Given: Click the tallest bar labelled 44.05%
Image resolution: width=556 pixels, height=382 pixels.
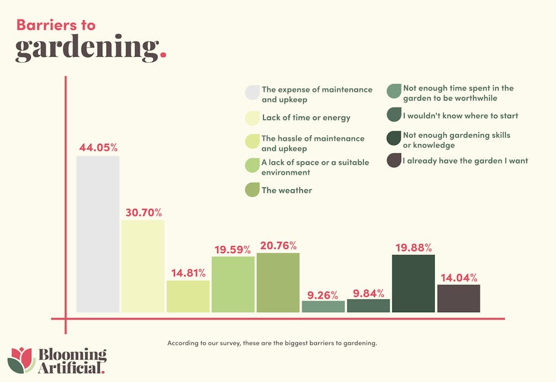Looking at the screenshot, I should (98, 234).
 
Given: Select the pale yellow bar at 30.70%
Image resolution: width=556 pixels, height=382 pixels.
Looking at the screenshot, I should (143, 266).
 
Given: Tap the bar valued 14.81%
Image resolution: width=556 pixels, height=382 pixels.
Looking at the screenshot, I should (188, 296).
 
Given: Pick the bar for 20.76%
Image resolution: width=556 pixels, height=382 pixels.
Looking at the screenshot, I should (278, 283).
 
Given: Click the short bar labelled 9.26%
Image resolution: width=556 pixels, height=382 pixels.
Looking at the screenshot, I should (323, 306).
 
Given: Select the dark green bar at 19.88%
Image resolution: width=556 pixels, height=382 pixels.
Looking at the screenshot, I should (413, 283).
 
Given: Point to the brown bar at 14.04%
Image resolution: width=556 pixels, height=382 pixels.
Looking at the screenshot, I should (458, 298).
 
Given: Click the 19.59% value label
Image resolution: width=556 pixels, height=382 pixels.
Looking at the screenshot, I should (232, 250).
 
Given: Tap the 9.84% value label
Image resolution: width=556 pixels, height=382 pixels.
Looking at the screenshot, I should (368, 293).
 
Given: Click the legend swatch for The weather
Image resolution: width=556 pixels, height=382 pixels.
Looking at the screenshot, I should (252, 190).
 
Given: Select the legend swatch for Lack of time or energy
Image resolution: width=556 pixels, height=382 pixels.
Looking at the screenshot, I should (252, 118).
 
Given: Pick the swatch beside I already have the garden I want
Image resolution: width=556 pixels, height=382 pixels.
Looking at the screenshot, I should (393, 160).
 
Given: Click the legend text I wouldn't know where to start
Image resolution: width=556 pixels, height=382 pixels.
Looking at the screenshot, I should (460, 116).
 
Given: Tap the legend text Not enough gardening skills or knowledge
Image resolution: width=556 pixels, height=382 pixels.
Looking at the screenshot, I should (456, 140).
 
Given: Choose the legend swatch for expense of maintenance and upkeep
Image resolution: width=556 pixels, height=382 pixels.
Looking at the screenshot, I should (252, 93).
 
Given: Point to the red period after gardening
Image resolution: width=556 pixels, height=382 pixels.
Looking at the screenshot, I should (163, 57).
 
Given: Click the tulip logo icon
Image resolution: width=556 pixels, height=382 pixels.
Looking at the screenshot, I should (21, 360).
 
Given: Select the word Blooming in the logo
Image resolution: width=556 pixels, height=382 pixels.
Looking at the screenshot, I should (72, 355).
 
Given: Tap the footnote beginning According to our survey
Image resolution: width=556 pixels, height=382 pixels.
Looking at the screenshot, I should (272, 343).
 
